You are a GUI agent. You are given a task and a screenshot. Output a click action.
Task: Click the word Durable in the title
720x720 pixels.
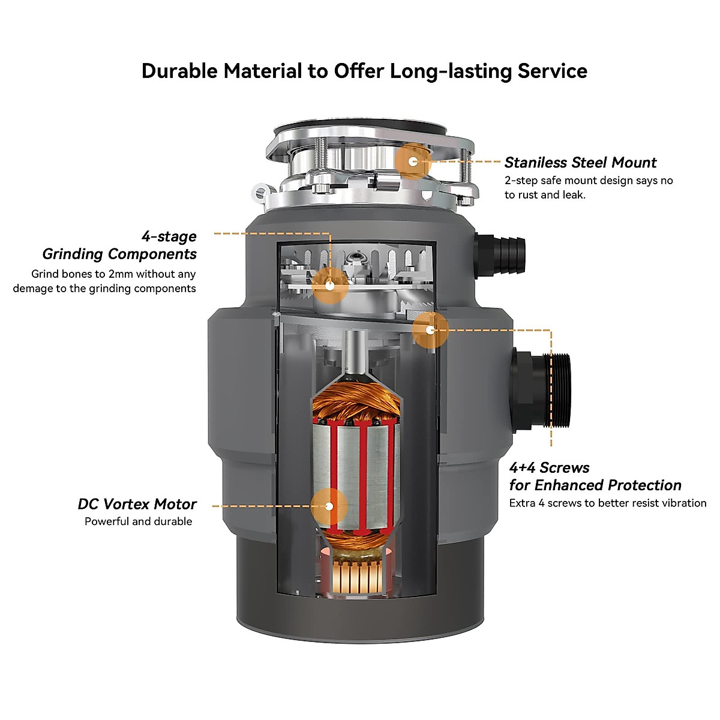pos(179,71)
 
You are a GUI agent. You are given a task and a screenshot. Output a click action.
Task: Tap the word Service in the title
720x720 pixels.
pos(552,71)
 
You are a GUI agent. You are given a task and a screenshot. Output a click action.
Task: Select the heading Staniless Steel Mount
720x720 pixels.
pos(580,163)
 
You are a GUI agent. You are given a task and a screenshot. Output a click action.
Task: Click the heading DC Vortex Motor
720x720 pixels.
pos(137,504)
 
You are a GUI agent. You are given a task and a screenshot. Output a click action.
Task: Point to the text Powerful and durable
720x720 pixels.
pos(138,521)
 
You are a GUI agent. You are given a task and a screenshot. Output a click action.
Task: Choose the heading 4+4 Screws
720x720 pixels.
pos(549,468)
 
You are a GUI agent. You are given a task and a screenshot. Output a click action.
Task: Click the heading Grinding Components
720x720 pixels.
pos(119,254)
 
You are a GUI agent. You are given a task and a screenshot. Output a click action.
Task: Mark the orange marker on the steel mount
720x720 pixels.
pos(413,161)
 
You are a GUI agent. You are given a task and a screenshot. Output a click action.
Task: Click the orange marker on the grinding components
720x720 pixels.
pos(329,286)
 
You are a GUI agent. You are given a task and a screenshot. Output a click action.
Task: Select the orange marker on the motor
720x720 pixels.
pos(329,506)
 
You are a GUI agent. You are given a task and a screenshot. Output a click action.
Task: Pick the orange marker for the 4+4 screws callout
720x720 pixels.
pos(430,330)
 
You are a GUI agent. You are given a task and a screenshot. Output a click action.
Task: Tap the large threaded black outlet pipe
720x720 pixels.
pos(541,391)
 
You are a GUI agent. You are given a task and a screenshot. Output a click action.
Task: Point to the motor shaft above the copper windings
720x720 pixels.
pos(356,352)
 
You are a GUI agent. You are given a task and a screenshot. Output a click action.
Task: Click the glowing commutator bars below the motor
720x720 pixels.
pos(357,578)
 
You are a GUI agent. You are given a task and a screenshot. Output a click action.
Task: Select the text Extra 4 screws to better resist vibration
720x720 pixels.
pos(608,503)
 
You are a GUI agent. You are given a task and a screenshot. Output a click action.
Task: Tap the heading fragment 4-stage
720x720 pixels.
pos(169,236)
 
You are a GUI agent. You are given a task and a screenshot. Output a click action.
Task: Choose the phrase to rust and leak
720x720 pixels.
pos(545,194)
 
